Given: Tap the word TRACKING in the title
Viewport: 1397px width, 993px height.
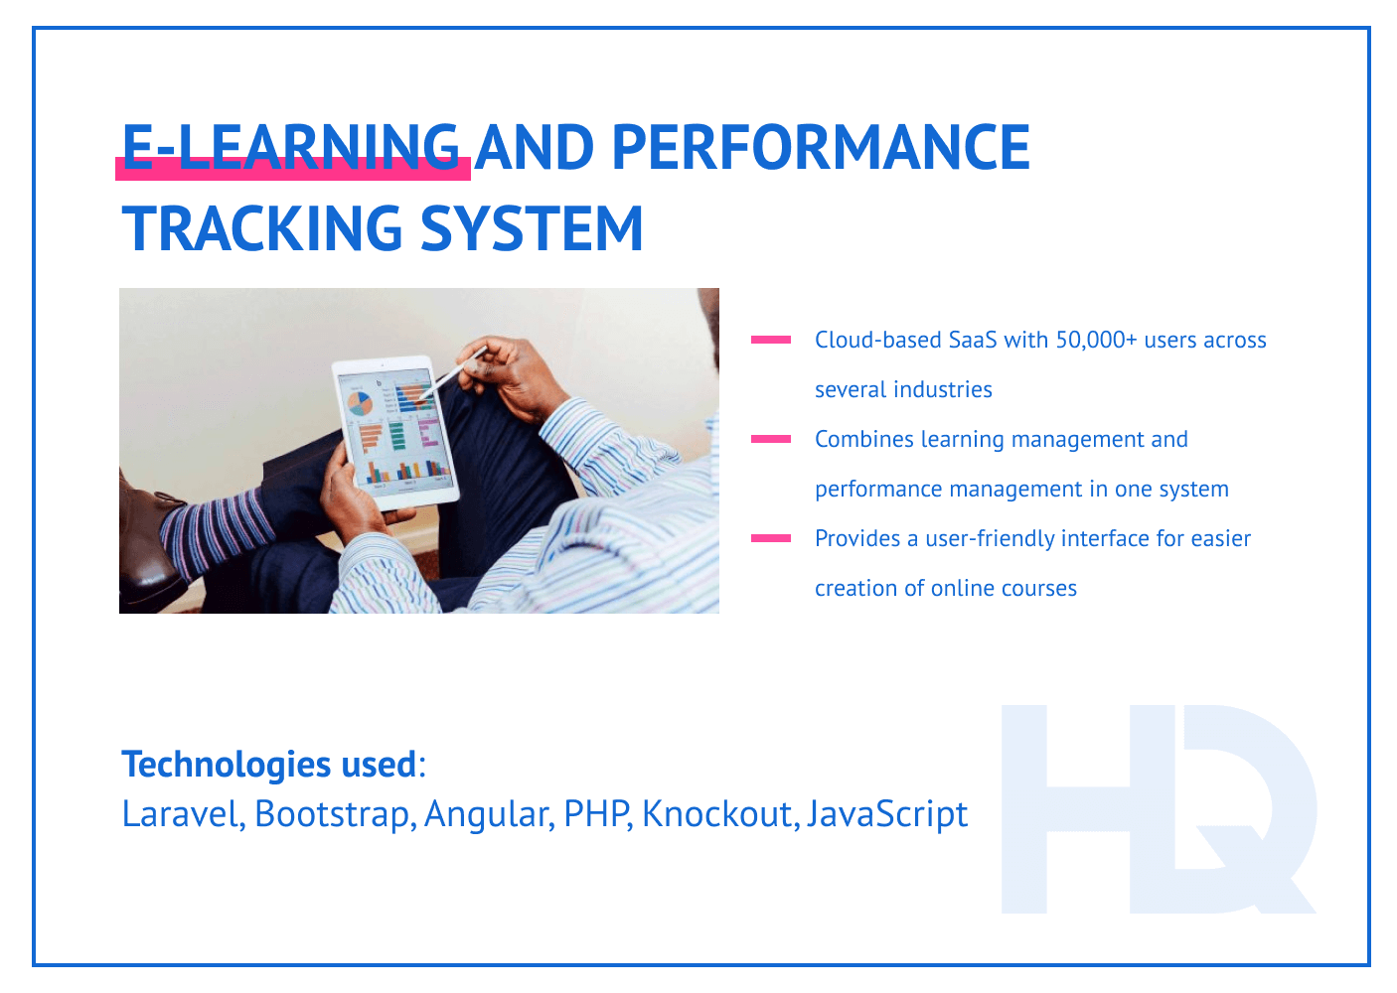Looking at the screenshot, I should [262, 228].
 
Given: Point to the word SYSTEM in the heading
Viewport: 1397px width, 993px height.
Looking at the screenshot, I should [533, 228].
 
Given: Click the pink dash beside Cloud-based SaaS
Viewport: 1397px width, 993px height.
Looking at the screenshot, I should [771, 340].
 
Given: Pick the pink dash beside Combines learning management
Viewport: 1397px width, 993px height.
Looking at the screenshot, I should [771, 439].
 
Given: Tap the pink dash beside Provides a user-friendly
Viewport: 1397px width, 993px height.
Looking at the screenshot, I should [771, 538].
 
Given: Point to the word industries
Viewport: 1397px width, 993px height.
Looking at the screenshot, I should [945, 389].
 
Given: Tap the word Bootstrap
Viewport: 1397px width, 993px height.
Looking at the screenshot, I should [334, 814].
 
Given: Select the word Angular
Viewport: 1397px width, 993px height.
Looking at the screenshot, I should [487, 814].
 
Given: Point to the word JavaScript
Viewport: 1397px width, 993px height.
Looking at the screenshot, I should [887, 814].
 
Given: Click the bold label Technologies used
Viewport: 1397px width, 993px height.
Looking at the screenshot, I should [268, 764].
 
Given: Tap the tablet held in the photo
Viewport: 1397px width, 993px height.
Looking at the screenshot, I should [397, 432].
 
